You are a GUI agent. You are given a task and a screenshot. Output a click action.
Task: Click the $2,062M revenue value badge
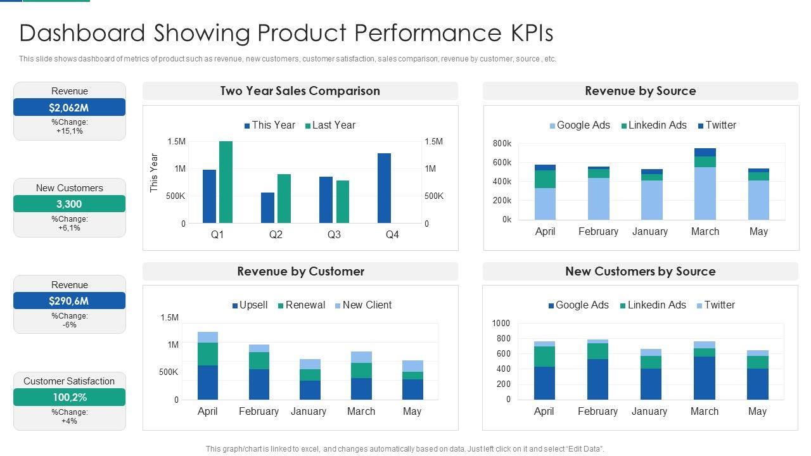69,108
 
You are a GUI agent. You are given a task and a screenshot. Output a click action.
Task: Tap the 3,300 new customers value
69,204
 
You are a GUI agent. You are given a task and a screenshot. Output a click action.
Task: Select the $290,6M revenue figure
69,301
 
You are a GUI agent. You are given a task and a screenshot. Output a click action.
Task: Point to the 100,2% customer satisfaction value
69,397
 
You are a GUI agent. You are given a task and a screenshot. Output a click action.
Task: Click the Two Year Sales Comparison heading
300,91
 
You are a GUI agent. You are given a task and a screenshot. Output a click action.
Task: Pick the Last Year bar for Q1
226,182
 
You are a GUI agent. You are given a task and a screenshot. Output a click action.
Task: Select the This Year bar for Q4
384,188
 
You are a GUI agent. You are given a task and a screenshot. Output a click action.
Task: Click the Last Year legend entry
329,125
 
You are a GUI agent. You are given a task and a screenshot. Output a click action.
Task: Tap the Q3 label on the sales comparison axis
334,234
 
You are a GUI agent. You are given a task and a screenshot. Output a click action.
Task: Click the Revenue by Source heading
640,91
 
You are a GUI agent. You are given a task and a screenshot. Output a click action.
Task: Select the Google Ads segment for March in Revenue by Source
705,193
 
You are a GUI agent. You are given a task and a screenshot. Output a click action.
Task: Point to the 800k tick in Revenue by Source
502,144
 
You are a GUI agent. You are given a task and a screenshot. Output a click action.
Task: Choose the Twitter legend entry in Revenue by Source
717,125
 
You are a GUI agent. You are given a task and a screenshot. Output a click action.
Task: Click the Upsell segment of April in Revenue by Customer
208,383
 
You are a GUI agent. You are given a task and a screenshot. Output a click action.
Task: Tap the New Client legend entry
363,305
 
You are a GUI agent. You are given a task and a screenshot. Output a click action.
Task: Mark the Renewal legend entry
301,305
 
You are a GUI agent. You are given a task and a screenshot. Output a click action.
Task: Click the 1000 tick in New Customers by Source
501,324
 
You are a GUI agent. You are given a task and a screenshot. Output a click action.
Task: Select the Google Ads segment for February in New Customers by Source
597,379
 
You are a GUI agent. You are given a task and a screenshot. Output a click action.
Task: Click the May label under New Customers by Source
757,411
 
